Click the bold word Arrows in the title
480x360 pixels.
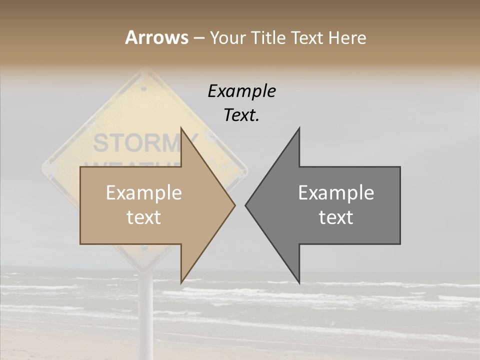point(156,37)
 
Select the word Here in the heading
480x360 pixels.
point(347,37)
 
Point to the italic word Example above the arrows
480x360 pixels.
point(241,91)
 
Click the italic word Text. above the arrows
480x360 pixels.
point(241,115)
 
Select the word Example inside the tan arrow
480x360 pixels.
point(144,193)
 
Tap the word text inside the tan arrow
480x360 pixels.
point(144,217)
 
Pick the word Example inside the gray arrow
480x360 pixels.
point(336,193)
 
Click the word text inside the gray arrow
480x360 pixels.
point(336,217)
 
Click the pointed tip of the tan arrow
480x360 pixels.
point(234,205)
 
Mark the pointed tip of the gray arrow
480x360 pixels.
point(246,205)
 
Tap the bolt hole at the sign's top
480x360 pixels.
point(144,88)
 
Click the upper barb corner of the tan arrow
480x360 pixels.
point(181,128)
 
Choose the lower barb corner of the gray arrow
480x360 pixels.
point(299,283)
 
